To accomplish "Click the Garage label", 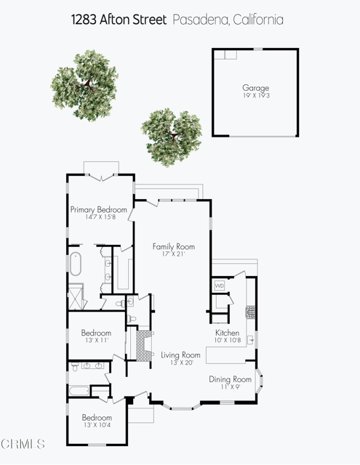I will tap(255, 88).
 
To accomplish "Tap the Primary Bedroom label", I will tap(98, 209).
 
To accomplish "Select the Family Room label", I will tap(174, 246).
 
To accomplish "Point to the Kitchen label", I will tap(228, 333).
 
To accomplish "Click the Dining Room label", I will tap(230, 379).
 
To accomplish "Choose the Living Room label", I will tap(180, 355).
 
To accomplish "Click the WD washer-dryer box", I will tap(220, 286).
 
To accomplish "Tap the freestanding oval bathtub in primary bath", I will tap(75, 266).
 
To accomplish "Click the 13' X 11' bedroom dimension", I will tap(95, 340).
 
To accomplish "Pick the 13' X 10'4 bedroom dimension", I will tap(96, 426).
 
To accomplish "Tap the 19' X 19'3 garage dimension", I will tap(255, 95).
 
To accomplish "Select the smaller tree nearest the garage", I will tap(172, 131).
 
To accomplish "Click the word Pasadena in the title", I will tap(198, 20).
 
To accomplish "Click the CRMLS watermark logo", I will tap(23, 443).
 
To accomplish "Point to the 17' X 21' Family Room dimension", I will tap(174, 254).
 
